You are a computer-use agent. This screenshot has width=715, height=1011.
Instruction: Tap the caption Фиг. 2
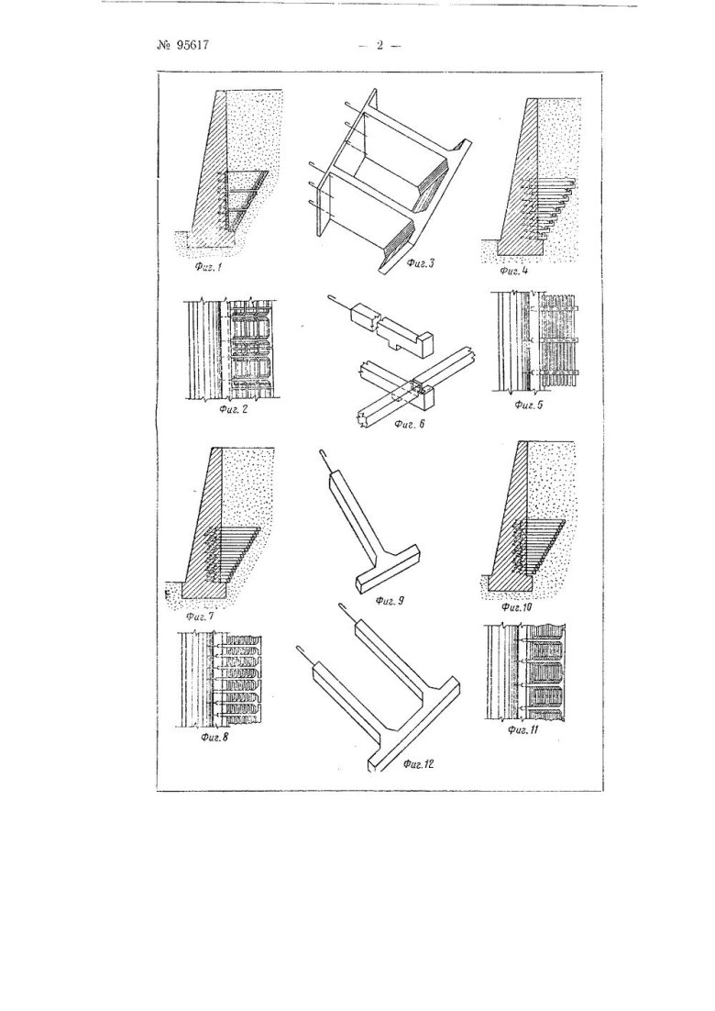click(233, 411)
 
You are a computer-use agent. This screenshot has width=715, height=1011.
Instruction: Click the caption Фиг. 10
click(517, 606)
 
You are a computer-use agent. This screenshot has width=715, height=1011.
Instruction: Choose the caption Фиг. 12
click(418, 765)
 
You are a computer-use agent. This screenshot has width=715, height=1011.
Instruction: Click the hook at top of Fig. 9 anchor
click(325, 461)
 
